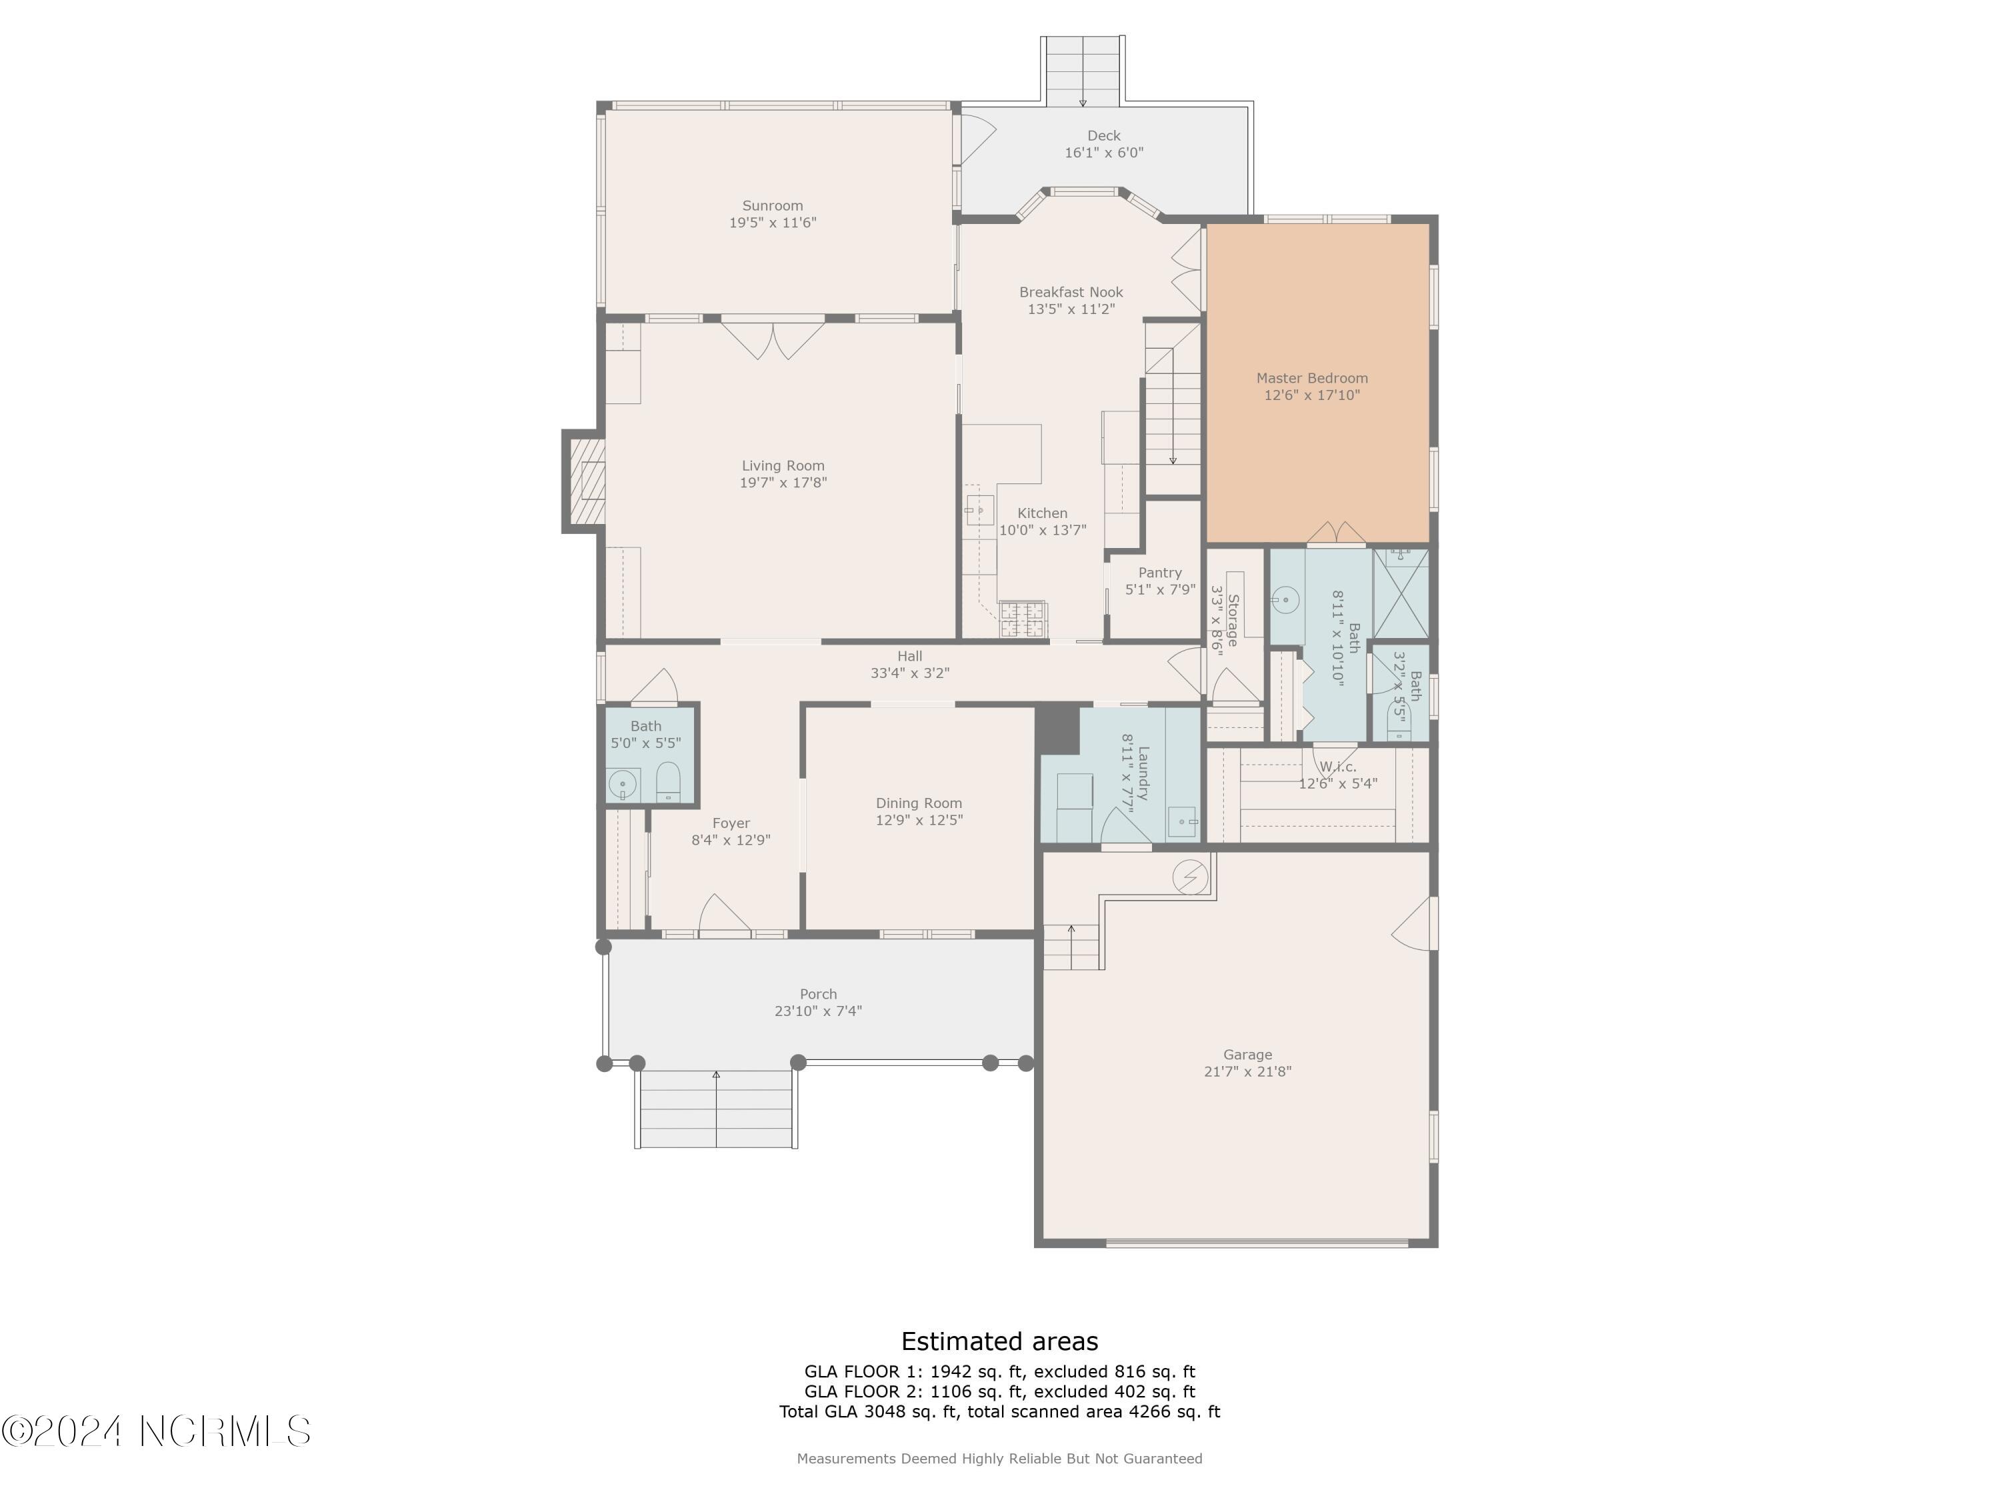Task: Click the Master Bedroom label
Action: click(1312, 379)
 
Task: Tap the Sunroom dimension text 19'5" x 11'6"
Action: click(773, 223)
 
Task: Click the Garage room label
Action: click(1248, 1054)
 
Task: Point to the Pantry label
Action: click(1160, 572)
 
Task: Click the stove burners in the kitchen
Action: click(1023, 619)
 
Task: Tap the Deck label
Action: click(1104, 135)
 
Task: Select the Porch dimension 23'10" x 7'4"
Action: click(818, 1011)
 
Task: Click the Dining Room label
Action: click(919, 803)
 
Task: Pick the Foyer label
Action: click(731, 823)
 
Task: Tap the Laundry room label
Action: click(1143, 773)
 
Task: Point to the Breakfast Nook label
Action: click(1071, 292)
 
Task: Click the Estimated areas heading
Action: click(1000, 1341)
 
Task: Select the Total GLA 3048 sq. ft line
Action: click(1000, 1411)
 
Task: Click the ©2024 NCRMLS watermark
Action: click(157, 1431)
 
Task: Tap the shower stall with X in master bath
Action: click(1401, 593)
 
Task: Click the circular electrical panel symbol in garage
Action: click(1190, 877)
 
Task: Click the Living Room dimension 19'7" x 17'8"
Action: click(783, 483)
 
